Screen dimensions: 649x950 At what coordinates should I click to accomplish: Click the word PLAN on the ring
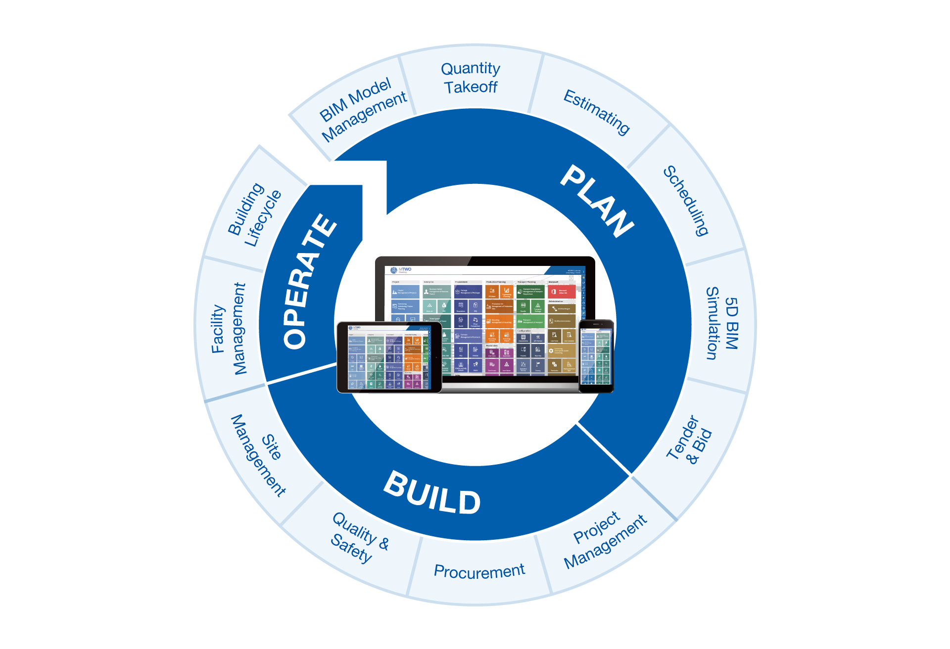(597, 201)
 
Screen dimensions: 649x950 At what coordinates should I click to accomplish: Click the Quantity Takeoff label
(471, 78)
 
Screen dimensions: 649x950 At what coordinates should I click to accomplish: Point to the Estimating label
(597, 112)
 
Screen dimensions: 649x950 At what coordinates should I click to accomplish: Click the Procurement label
(479, 571)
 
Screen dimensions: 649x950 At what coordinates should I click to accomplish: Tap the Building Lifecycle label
(254, 215)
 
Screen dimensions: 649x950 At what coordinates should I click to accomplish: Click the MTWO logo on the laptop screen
(401, 270)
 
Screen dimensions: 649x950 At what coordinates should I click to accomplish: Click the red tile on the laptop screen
(561, 292)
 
